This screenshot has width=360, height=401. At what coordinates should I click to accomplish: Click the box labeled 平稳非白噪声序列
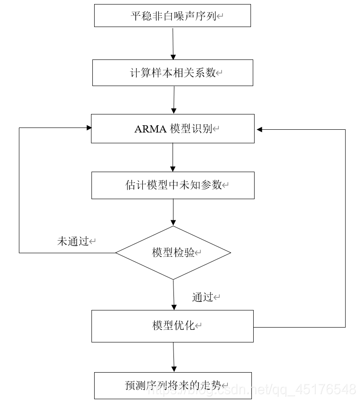click(x=173, y=16)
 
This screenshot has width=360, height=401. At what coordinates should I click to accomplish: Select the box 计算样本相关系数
click(x=173, y=73)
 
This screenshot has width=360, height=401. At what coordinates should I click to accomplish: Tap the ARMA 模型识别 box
click(x=173, y=129)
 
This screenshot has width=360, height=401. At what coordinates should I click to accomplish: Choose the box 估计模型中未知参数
click(x=173, y=185)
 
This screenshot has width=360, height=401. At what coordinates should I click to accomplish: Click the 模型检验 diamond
click(x=173, y=253)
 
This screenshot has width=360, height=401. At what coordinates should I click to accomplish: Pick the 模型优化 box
click(x=173, y=326)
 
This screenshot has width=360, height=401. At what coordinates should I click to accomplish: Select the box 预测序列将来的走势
click(x=173, y=385)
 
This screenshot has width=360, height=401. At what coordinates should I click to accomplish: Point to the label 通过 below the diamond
click(x=203, y=297)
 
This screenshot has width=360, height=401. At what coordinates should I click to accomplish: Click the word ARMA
click(x=150, y=129)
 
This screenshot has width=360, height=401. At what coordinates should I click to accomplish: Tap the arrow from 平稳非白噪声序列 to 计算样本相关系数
click(x=173, y=43)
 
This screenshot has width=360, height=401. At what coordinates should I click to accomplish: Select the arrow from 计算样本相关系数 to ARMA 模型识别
click(x=174, y=100)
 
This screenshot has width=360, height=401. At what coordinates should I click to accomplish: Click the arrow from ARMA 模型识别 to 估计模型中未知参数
click(x=173, y=157)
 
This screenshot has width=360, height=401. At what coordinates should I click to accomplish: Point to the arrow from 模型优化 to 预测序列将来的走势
click(x=173, y=357)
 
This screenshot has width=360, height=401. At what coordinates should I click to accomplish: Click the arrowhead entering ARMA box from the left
click(x=88, y=128)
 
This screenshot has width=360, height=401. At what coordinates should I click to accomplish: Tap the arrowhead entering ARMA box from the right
click(x=260, y=130)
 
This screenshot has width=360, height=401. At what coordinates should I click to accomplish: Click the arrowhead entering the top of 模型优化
click(x=174, y=307)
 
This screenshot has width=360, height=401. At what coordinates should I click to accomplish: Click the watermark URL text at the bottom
click(x=252, y=388)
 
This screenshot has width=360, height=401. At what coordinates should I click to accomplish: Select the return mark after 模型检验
click(x=198, y=253)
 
